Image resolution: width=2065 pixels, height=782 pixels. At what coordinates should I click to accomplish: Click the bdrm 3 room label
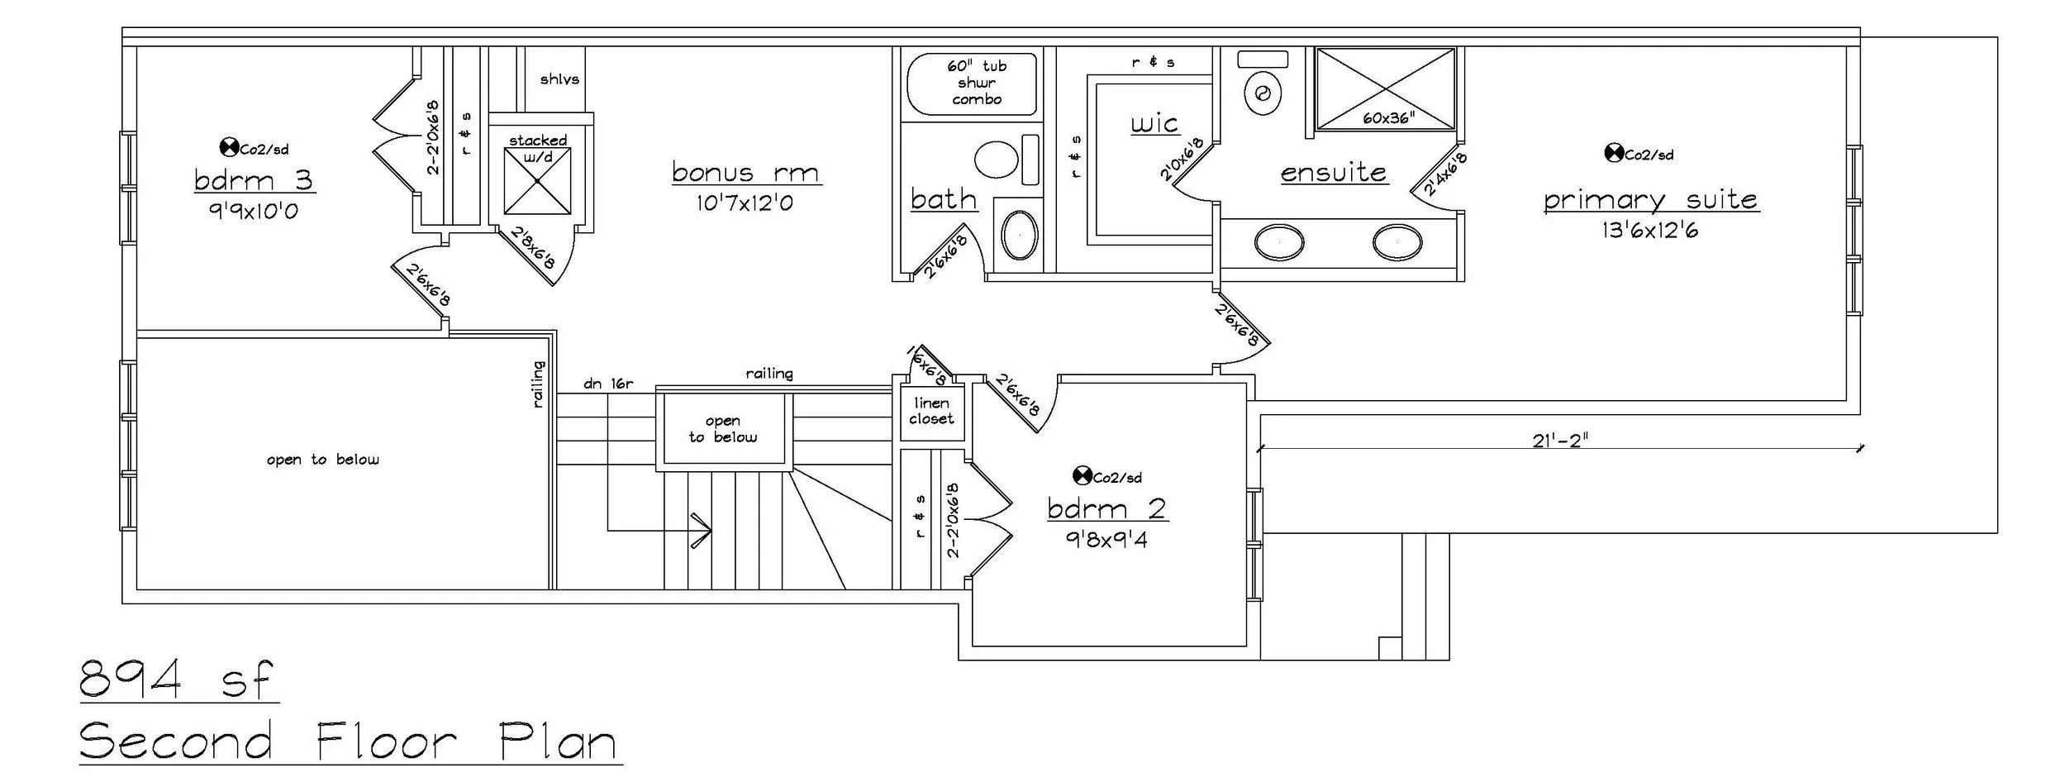point(255,180)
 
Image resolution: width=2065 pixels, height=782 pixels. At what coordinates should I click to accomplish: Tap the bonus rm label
point(745,173)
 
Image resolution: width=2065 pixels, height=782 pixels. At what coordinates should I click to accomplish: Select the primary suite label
point(1650,200)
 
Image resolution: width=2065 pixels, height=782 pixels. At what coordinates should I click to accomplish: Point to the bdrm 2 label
point(1107,508)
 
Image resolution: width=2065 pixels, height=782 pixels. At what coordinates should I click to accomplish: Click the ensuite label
point(1333,173)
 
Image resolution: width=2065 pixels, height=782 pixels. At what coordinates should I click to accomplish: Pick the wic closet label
point(1154,124)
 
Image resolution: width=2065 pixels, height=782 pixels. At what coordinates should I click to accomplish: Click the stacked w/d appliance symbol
point(537,179)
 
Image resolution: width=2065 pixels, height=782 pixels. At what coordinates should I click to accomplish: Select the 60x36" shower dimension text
point(1388,118)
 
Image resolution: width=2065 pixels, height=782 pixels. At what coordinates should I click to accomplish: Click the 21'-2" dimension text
point(1560,441)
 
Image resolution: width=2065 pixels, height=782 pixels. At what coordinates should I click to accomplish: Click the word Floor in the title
point(387,741)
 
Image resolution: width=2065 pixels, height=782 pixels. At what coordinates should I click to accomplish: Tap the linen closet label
point(931,411)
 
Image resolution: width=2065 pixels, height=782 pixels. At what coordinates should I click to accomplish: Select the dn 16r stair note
point(608,384)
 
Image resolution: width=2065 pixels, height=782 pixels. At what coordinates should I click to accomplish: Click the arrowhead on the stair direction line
point(702,530)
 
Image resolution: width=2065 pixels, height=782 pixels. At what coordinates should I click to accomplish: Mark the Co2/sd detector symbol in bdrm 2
point(1081,475)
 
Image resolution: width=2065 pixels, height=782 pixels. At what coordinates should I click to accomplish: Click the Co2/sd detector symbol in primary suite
point(1612,153)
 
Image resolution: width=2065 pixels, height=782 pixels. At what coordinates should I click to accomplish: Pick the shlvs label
point(559,79)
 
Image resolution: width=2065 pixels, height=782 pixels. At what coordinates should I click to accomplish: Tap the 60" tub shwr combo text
point(977,83)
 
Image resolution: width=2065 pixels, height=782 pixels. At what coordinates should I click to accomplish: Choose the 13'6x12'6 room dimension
point(1649,231)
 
